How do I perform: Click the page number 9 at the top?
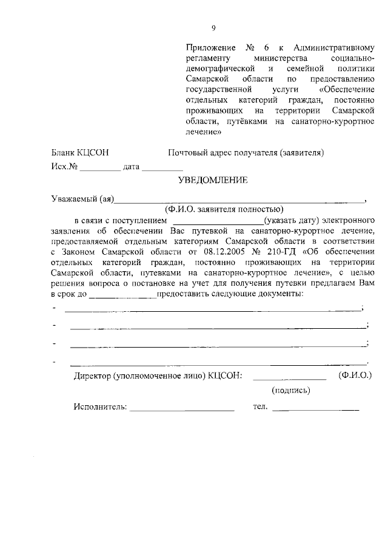[213, 27]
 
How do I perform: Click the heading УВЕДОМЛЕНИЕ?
[213, 180]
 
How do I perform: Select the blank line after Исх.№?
[101, 167]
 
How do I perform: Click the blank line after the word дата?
[163, 167]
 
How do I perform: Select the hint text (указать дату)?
[287, 220]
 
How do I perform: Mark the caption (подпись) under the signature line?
[291, 390]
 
